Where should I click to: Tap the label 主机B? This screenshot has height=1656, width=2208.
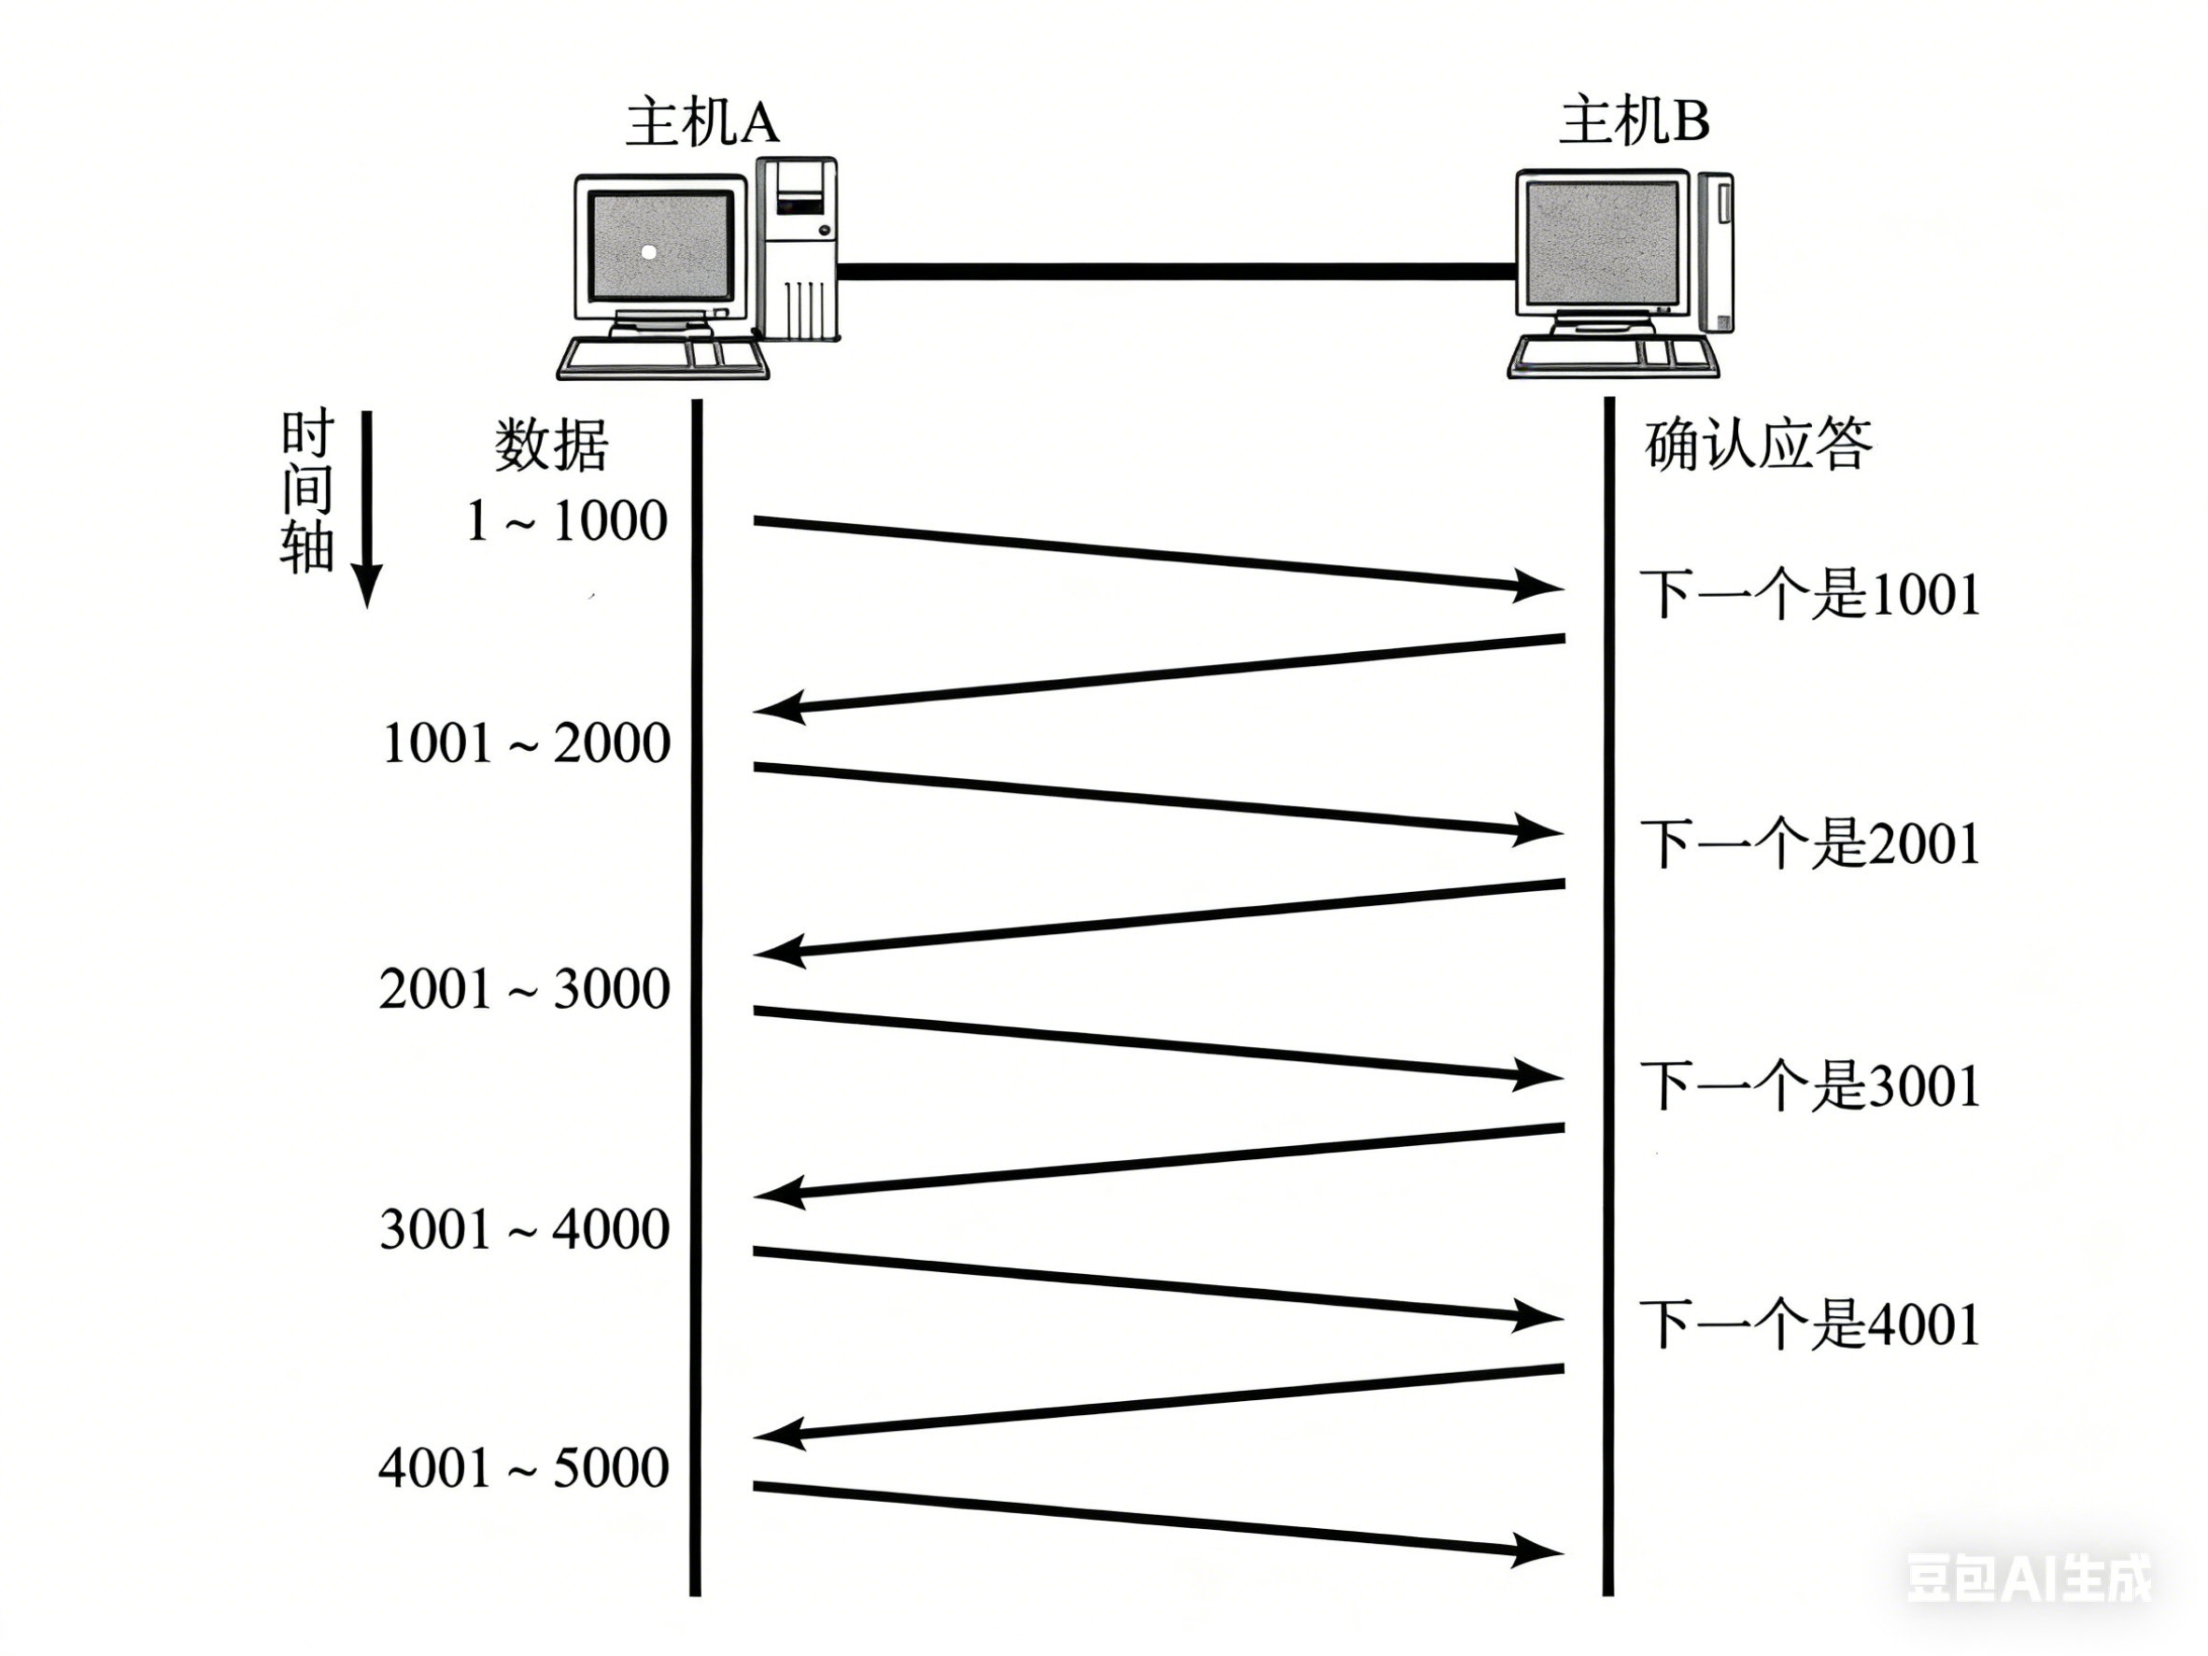(x=1634, y=121)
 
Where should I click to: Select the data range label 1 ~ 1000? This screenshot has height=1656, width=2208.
(x=566, y=521)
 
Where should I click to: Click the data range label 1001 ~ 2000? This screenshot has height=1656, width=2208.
(x=526, y=743)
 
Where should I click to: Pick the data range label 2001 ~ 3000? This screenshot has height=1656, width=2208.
(x=524, y=989)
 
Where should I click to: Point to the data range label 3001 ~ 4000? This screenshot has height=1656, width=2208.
(x=524, y=1229)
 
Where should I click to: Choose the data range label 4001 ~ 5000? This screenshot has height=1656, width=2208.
(x=523, y=1468)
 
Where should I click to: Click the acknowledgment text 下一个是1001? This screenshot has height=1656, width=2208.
(x=1810, y=595)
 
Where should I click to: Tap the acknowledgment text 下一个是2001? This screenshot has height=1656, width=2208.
(x=1810, y=844)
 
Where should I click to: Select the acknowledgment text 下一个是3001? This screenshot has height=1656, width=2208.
(x=1810, y=1086)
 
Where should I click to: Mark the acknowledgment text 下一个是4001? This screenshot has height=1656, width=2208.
(x=1810, y=1325)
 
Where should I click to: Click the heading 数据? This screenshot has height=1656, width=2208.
(x=551, y=446)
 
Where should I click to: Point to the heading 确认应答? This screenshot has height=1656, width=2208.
(x=1758, y=446)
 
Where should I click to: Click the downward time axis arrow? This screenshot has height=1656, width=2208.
(x=367, y=509)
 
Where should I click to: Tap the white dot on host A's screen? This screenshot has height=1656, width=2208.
(x=649, y=252)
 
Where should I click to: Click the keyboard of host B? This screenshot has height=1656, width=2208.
(x=1612, y=355)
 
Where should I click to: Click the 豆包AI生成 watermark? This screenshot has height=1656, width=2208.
(x=2030, y=1578)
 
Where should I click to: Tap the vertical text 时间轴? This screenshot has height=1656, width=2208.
(x=306, y=491)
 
